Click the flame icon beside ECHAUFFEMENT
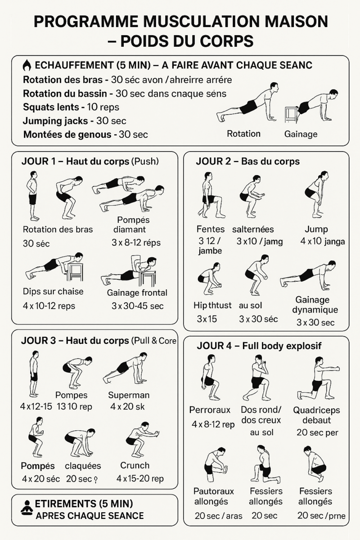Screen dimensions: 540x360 click(27, 66)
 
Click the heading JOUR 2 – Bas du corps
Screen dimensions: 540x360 click(247, 162)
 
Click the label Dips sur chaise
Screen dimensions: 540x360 click(53, 292)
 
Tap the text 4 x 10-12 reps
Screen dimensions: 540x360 click(49, 306)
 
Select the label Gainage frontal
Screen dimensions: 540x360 click(137, 293)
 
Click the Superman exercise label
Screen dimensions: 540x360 click(129, 395)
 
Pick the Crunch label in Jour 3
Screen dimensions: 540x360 click(135, 465)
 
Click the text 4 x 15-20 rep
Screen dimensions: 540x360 click(140, 479)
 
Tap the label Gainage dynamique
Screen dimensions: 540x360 click(315, 305)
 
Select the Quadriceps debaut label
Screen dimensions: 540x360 click(316, 415)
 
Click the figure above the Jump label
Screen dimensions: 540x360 click(317, 194)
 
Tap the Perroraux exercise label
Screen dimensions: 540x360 click(210, 410)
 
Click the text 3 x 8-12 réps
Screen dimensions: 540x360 click(136, 243)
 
